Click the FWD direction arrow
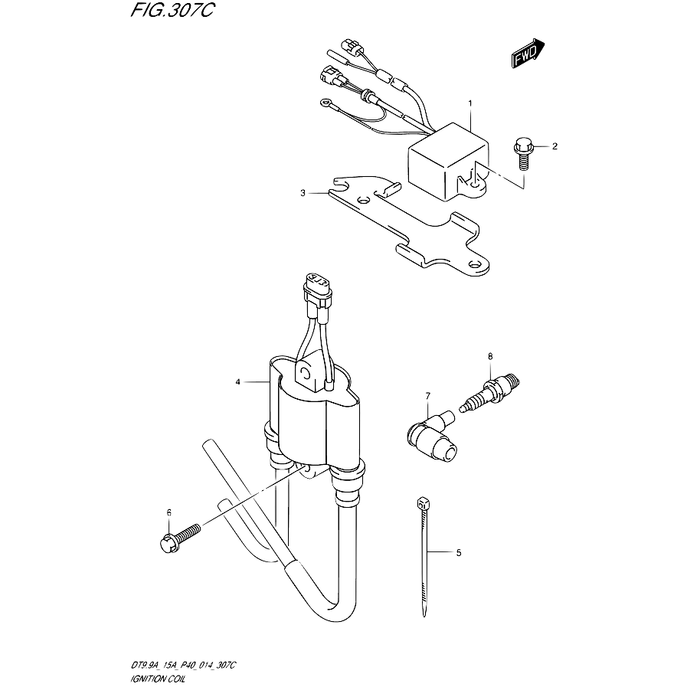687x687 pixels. click(x=528, y=53)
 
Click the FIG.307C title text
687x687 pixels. click(x=172, y=10)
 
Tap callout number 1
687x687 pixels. click(x=470, y=103)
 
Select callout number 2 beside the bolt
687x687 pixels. click(x=555, y=146)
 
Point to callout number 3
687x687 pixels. click(x=303, y=193)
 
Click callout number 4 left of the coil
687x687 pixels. click(x=238, y=382)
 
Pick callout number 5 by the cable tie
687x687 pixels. click(x=459, y=553)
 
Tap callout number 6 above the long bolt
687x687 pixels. click(x=168, y=512)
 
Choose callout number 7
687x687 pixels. click(x=427, y=396)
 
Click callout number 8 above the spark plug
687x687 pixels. click(x=490, y=356)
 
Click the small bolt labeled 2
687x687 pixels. click(x=523, y=153)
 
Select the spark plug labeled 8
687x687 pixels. click(x=490, y=391)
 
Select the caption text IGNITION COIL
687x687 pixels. click(x=159, y=679)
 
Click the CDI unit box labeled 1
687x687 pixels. click(x=448, y=162)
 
